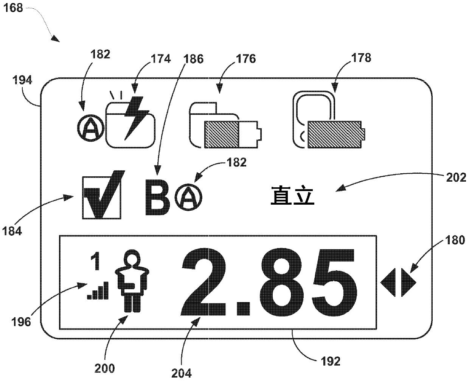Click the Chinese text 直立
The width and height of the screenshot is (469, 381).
click(292, 197)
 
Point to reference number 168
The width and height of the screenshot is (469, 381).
click(14, 8)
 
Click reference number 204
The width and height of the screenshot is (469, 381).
click(182, 373)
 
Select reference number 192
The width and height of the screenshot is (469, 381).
click(331, 361)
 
